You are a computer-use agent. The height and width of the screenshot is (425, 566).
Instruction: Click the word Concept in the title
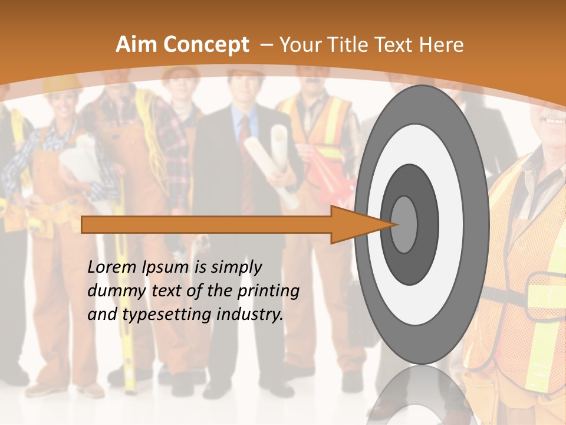click(206, 45)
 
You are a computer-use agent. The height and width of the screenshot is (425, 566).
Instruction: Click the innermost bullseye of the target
click(404, 224)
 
